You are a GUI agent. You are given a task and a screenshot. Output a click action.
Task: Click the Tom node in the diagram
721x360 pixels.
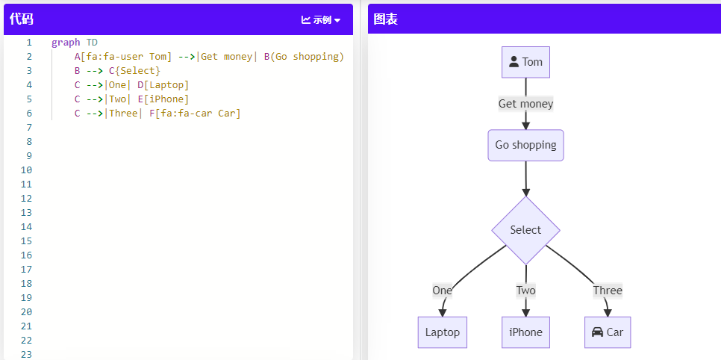(x=525, y=62)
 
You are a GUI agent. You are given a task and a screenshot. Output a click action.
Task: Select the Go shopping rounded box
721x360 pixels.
(x=525, y=145)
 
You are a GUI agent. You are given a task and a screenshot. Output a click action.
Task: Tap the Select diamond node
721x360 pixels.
(x=525, y=230)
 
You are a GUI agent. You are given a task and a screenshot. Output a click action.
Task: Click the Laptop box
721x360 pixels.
(x=442, y=332)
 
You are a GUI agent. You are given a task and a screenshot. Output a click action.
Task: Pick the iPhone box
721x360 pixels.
(x=525, y=332)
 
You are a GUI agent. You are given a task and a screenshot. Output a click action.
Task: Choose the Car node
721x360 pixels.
(x=608, y=332)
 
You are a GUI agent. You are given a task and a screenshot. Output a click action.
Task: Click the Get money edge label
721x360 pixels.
(x=525, y=104)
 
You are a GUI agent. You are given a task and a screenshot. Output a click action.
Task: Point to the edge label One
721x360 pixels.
(x=442, y=291)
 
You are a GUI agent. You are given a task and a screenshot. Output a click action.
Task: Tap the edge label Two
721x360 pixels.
(x=525, y=291)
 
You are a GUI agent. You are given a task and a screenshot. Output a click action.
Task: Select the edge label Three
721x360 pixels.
(x=608, y=291)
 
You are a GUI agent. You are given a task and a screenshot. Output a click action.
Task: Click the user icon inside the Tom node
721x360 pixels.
(x=514, y=62)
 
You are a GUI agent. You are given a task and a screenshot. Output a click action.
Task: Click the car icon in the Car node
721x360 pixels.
(x=597, y=332)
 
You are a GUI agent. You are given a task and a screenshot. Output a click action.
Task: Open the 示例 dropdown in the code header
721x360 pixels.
(x=321, y=20)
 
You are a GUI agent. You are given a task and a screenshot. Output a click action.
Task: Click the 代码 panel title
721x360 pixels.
(x=22, y=19)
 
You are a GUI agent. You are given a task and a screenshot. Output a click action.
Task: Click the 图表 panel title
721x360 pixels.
(x=385, y=19)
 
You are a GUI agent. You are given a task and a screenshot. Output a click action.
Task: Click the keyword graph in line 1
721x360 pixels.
(x=66, y=43)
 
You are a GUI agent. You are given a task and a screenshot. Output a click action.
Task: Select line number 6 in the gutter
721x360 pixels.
(x=28, y=114)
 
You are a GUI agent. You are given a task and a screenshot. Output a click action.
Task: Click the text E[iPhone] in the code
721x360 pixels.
(x=163, y=99)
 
